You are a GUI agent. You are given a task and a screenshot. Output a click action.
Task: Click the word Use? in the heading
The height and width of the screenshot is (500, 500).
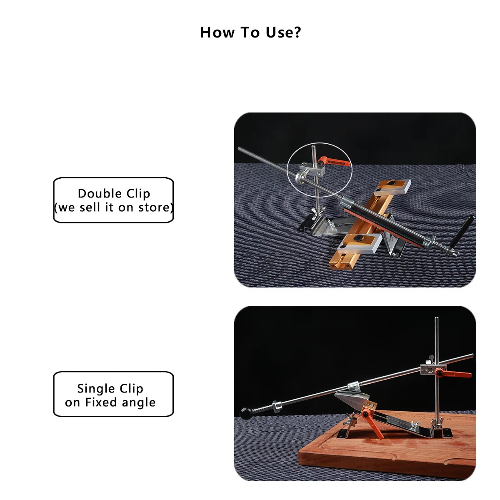(283, 32)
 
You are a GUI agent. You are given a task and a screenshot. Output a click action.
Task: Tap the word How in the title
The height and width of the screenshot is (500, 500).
(217, 32)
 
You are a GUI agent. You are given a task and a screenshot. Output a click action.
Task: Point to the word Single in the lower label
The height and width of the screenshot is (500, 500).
(96, 389)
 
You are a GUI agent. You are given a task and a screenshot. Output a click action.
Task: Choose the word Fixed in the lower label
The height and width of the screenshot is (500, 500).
(101, 402)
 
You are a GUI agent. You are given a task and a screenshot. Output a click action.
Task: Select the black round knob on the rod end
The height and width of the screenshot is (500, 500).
(245, 413)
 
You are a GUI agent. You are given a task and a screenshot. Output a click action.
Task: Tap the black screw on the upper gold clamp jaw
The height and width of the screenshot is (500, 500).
(391, 183)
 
